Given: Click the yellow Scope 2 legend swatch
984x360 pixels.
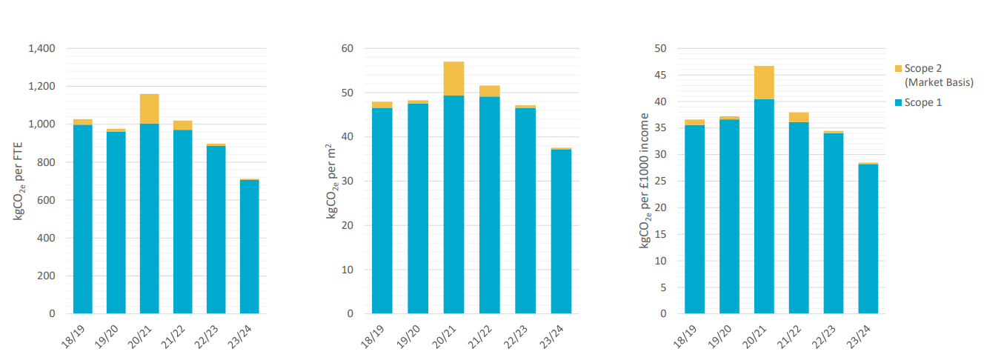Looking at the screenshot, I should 899,69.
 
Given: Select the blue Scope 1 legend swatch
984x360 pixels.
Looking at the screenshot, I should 899,102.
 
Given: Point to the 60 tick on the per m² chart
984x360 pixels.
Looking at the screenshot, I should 348,49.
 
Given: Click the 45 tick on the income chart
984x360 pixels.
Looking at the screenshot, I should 661,75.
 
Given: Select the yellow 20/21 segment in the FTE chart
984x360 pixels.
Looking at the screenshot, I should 149,109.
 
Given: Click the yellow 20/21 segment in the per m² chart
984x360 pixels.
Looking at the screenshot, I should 453,79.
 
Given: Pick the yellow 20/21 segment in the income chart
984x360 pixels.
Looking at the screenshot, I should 764,82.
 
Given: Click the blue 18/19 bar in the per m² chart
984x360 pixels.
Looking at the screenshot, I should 382,211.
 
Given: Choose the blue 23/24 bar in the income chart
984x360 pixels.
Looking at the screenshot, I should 868,239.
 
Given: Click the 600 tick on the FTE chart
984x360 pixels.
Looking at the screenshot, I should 44,200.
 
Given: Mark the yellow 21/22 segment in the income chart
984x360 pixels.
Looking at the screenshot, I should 798,117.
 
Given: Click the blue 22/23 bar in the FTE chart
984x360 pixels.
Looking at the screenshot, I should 216,230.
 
